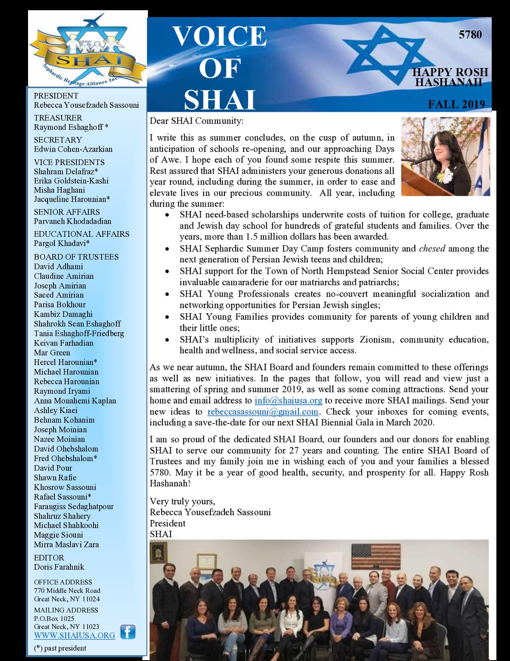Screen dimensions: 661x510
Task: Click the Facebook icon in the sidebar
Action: click(x=127, y=632)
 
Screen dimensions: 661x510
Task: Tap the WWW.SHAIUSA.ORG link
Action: click(x=74, y=635)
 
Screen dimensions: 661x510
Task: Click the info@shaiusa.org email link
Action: click(x=288, y=401)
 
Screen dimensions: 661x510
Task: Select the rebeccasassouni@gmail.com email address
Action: click(x=263, y=412)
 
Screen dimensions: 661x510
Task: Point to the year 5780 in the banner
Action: click(x=470, y=34)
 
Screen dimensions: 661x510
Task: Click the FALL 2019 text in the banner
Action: click(x=456, y=104)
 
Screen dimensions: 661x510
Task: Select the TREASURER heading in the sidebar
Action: click(x=58, y=118)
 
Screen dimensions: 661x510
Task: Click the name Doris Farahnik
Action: click(x=59, y=567)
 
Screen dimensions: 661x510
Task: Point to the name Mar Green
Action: click(x=52, y=352)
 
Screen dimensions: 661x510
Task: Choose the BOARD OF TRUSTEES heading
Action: click(x=76, y=257)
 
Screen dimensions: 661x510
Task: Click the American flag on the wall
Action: click(x=376, y=556)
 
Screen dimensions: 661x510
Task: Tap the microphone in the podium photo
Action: click(x=421, y=160)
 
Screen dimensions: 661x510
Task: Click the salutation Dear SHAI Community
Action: click(x=196, y=121)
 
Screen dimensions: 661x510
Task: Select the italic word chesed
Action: click(x=432, y=249)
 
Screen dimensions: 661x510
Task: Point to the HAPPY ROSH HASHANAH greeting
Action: click(x=450, y=77)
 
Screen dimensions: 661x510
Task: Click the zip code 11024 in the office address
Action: click(x=91, y=599)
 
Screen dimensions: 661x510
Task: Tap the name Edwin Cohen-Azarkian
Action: click(x=73, y=149)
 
